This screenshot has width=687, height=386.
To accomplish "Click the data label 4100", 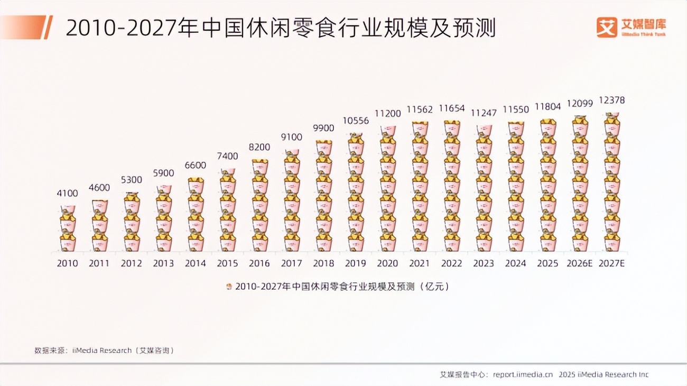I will point(67,194).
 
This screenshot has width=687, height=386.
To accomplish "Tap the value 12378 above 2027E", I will point(612,100).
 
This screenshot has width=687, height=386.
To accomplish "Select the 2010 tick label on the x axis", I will point(67,263).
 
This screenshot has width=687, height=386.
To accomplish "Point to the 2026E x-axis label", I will point(580,263).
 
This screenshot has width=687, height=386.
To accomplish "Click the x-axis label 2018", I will point(323,263).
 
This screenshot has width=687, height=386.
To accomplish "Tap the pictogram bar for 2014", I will point(196,214).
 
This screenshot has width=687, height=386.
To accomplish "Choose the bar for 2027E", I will point(612,182).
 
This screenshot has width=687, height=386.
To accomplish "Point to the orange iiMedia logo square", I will point(607,27).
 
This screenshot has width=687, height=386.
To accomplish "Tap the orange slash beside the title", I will point(48,27).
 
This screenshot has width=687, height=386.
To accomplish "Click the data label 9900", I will point(323,128).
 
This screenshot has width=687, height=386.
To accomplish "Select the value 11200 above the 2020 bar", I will point(387,114).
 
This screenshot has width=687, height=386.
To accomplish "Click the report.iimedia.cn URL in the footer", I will point(523,374).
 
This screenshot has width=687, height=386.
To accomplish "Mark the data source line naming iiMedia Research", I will point(104,350).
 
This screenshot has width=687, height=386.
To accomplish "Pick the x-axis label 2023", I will point(484,263).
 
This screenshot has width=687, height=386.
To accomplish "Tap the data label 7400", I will point(227,157).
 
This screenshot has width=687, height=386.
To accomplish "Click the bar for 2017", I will point(292,200).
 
